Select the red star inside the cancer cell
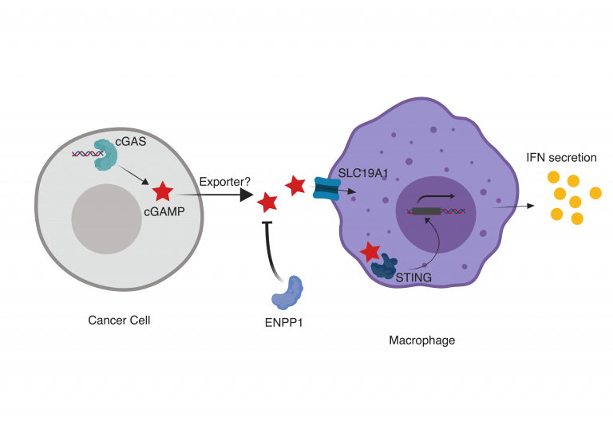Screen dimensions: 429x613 (163, 191)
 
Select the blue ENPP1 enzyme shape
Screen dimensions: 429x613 (288, 293)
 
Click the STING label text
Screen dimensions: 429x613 (414, 277)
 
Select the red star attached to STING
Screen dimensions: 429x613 (370, 253)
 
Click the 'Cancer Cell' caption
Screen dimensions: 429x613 (118, 321)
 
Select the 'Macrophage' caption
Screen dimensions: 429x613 (421, 340)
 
